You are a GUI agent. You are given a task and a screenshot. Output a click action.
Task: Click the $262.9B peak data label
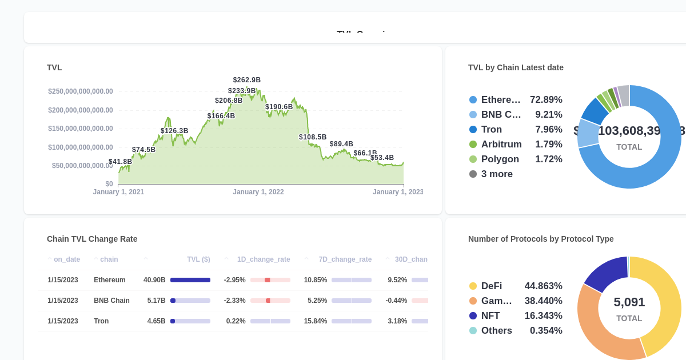[x=246, y=80]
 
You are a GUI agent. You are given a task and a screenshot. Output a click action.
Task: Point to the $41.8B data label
[x=120, y=162]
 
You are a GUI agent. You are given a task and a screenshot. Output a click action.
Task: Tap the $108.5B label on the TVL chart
[x=313, y=137]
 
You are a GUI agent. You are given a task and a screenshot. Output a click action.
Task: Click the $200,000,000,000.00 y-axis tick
[x=81, y=110]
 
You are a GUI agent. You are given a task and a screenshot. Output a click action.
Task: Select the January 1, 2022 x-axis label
[x=258, y=192]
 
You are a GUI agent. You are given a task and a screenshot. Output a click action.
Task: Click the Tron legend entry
[x=491, y=130]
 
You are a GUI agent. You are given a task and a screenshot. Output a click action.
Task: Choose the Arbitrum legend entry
[x=501, y=145]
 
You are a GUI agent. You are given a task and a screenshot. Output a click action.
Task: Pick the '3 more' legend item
[x=496, y=174]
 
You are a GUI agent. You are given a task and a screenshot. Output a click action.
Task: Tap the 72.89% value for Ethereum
[x=545, y=100]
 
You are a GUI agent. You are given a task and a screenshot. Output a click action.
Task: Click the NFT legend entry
[x=490, y=316]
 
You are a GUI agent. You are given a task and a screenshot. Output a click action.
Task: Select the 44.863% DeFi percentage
[x=543, y=286]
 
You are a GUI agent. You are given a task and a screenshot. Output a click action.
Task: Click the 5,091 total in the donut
[x=629, y=302]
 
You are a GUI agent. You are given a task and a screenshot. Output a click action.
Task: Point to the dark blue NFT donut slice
[x=607, y=273]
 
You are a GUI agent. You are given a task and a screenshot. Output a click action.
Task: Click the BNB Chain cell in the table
[x=111, y=301]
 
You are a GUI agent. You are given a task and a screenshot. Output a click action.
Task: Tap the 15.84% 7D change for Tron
[x=316, y=321]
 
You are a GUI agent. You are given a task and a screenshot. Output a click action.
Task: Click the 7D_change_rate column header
[x=345, y=259]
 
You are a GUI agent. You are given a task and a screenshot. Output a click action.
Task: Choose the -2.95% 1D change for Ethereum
[x=234, y=280]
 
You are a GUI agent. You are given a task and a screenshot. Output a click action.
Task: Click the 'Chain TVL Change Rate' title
[x=92, y=239]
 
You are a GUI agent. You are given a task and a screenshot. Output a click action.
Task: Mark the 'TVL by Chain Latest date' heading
[x=516, y=67]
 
